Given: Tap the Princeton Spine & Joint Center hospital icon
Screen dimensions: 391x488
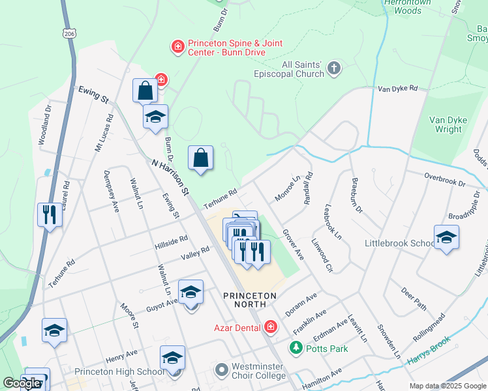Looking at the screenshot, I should (177, 47).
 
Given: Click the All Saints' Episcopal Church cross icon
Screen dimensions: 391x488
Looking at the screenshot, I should (333, 68).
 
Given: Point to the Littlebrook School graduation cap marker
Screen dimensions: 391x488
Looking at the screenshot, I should (446, 238).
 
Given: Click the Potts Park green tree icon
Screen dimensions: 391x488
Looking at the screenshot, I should (296, 348).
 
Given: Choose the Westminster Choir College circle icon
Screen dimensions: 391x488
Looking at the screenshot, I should (222, 370).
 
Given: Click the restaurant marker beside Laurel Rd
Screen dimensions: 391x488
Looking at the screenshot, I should (50, 214).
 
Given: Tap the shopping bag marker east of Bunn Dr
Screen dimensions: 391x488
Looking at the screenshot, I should (200, 158).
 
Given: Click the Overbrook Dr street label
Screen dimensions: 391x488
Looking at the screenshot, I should (444, 180).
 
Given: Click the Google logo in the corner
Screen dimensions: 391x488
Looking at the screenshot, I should (22, 383).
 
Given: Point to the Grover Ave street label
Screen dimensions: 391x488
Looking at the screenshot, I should (293, 244).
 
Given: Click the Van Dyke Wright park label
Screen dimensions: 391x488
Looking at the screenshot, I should (446, 124).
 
